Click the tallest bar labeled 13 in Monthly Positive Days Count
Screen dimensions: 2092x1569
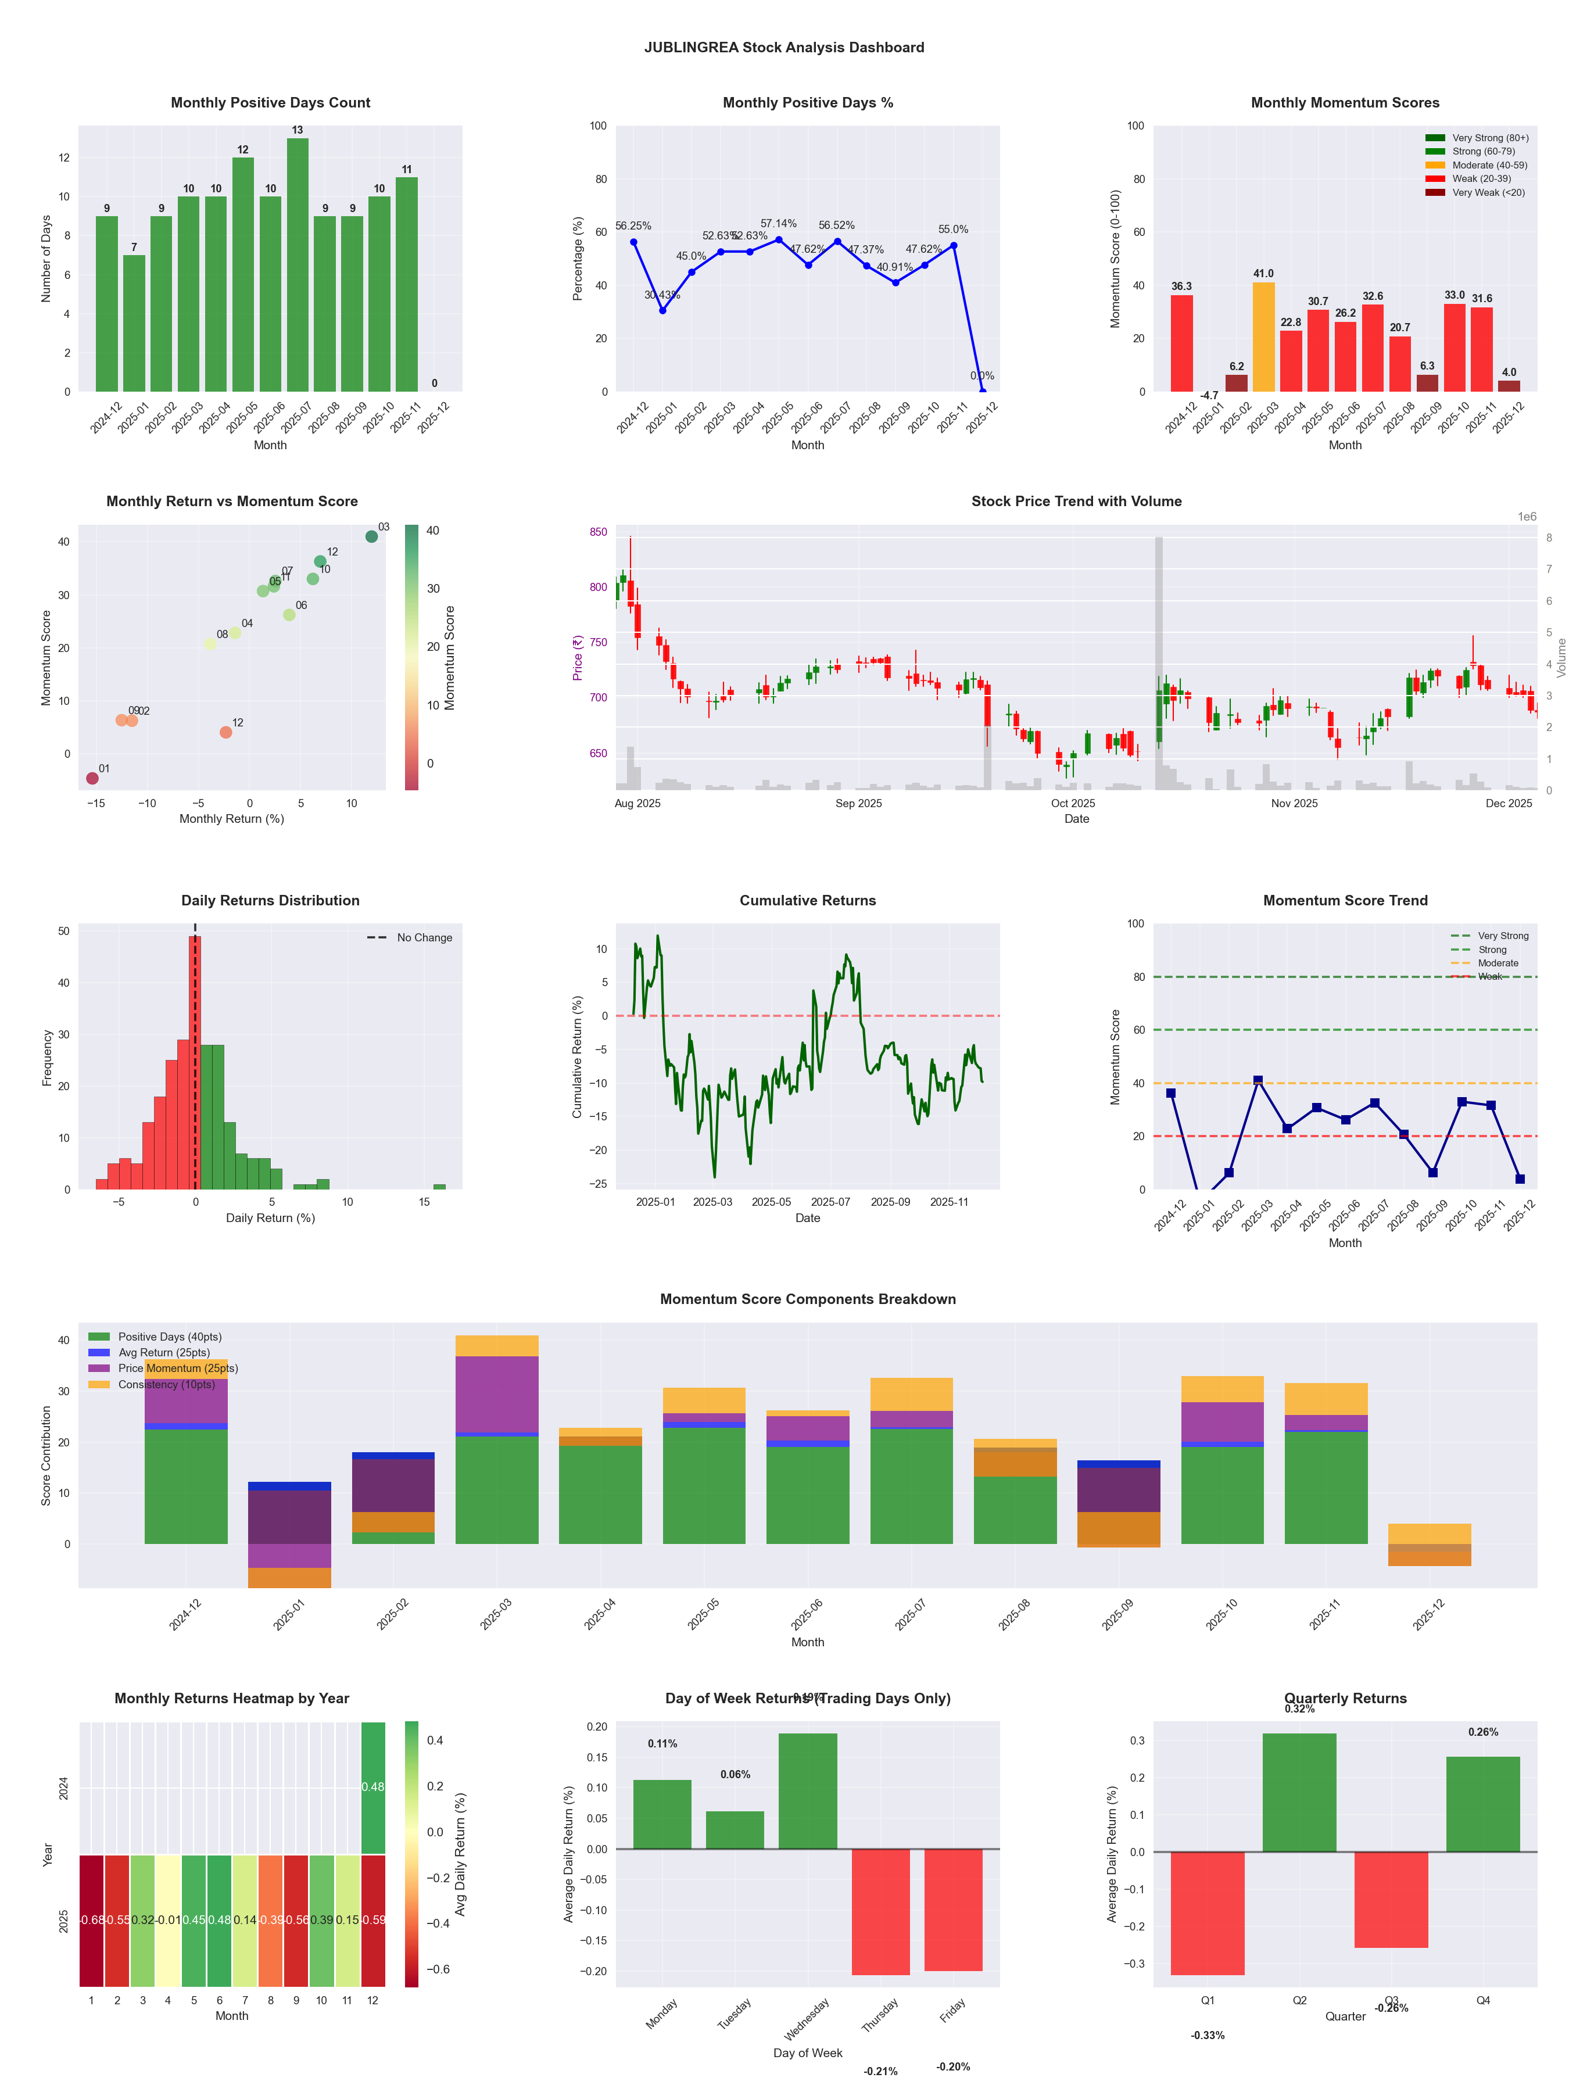(x=297, y=265)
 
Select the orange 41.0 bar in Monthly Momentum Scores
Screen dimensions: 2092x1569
(x=1263, y=336)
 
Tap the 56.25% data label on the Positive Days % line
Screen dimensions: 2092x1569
(x=633, y=226)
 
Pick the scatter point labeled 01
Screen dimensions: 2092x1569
(x=92, y=778)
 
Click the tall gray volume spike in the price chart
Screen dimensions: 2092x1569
(x=1159, y=662)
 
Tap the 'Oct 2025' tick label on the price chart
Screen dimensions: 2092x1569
(x=1073, y=804)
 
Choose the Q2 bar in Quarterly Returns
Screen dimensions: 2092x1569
(x=1299, y=1792)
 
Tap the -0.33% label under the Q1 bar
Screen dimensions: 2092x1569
(x=1207, y=2035)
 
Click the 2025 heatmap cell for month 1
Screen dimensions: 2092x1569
(x=91, y=1920)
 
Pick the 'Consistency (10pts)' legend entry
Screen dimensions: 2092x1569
(x=166, y=1385)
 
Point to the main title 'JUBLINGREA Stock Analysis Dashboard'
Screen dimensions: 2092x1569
(x=784, y=47)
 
